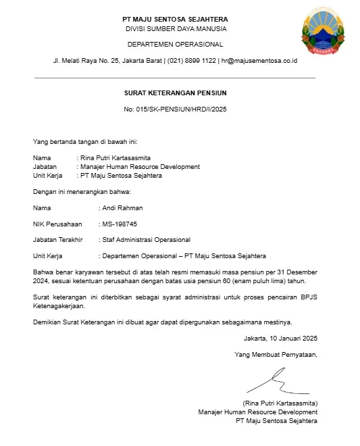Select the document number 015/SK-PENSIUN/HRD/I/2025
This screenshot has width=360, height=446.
click(175, 109)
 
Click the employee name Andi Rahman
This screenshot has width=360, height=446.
click(122, 208)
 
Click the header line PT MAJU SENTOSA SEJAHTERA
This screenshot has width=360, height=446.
click(175, 19)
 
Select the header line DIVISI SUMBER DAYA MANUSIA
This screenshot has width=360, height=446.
click(176, 29)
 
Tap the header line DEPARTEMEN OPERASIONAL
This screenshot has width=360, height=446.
click(175, 44)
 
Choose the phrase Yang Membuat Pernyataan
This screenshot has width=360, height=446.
click(276, 354)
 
